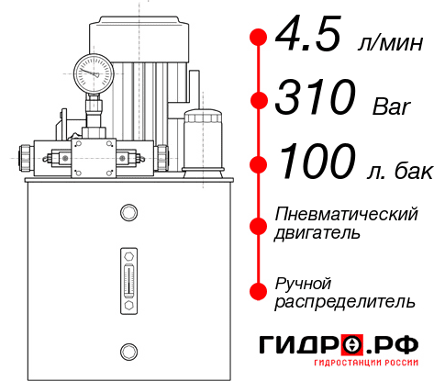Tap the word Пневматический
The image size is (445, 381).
tap(347, 215)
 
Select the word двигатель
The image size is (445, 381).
tap(317, 234)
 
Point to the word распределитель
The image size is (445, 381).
tap(346, 301)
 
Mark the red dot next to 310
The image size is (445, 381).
tap(258, 99)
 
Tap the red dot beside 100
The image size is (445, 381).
tap(258, 164)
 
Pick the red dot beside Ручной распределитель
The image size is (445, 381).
tap(258, 291)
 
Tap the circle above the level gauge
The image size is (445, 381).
tap(128, 214)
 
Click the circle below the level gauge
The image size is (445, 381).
tap(128, 349)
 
